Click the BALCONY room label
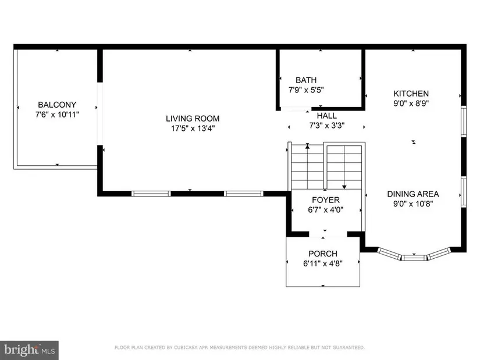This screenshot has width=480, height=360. [57, 105]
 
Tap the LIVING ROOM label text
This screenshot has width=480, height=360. [193, 119]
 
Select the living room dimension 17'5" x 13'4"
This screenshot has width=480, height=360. [193, 129]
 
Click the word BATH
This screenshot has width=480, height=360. [306, 80]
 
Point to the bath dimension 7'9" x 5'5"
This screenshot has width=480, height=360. [306, 90]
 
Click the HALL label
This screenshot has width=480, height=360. [326, 116]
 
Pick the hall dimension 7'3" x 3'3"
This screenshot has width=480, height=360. [327, 126]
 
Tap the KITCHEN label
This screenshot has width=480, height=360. [411, 94]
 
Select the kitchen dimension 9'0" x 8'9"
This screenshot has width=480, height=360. [411, 103]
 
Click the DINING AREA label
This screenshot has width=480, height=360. [413, 194]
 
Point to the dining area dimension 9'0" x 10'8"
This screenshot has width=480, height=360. [413, 204]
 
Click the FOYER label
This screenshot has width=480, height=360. [326, 200]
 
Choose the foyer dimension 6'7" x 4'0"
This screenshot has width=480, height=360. [326, 210]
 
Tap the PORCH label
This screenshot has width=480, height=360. [323, 254]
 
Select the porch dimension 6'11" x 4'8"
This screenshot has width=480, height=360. [323, 263]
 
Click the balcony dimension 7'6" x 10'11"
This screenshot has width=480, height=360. [57, 115]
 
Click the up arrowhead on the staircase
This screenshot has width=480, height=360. [307, 147]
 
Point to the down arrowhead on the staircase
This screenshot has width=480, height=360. [344, 187]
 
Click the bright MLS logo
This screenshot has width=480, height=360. [30, 350]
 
